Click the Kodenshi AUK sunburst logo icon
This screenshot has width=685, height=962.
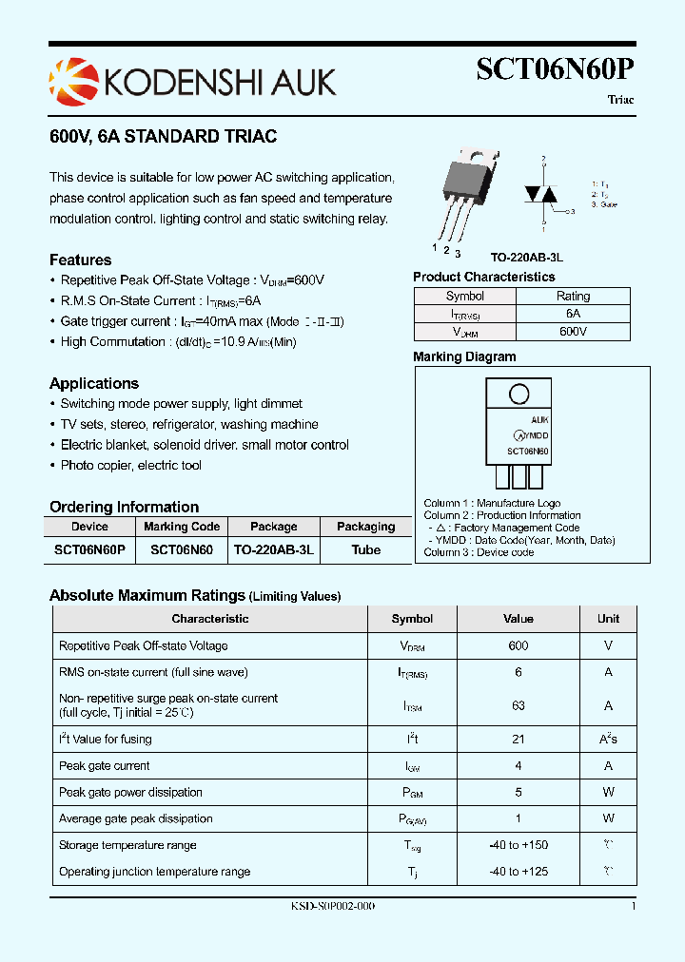tap(73, 81)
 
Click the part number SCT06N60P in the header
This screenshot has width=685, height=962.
tap(555, 70)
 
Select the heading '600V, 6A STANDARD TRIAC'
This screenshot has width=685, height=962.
tap(163, 137)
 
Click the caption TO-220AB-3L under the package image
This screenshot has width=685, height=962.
tap(526, 258)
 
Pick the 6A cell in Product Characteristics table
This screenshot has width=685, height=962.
tap(573, 314)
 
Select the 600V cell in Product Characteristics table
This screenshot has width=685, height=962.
tap(573, 332)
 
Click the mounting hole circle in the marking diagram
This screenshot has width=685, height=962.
tap(519, 394)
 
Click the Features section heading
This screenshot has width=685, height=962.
tap(80, 260)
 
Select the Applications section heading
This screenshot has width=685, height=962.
tap(94, 384)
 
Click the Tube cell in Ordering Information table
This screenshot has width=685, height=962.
tap(365, 549)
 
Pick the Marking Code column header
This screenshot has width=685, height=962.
tap(182, 526)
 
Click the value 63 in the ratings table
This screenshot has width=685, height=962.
tap(519, 705)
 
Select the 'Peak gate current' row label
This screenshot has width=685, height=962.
tap(105, 765)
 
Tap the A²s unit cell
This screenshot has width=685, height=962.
tap(608, 739)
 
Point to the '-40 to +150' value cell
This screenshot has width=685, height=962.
tap(519, 845)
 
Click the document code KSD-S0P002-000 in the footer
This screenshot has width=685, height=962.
tap(332, 907)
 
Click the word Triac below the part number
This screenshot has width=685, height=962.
tap(619, 100)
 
